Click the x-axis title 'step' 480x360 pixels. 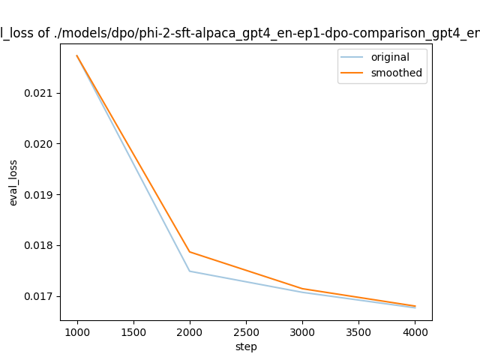click(246, 346)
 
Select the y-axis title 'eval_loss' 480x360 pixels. click(13, 182)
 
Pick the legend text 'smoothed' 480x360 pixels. click(396, 73)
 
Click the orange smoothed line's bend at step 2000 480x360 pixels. click(190, 252)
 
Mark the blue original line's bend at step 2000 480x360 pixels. click(190, 271)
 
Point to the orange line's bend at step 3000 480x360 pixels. click(302, 289)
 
